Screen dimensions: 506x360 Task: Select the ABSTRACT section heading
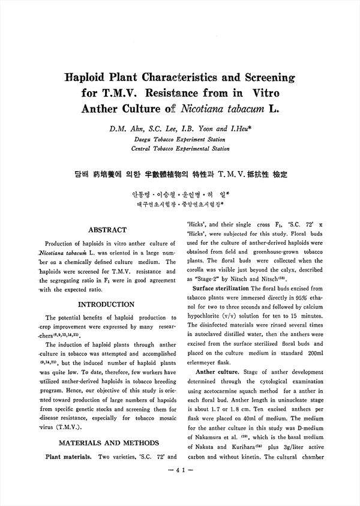(x=107, y=230)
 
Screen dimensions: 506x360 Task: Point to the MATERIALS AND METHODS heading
(x=108, y=443)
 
